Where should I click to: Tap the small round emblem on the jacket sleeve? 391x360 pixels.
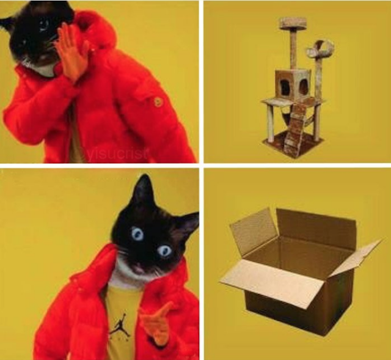[159, 101]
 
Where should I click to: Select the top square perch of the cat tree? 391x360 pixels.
[293, 23]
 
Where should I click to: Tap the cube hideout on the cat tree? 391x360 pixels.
[293, 84]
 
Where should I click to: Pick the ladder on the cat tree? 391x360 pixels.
[296, 128]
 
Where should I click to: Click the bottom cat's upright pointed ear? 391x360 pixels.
[144, 191]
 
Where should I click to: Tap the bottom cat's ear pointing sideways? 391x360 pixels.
[188, 224]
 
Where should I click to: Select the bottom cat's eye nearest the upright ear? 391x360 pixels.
[137, 233]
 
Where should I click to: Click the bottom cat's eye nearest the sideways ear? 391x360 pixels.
[164, 251]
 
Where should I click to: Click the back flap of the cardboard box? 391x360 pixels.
[316, 227]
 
